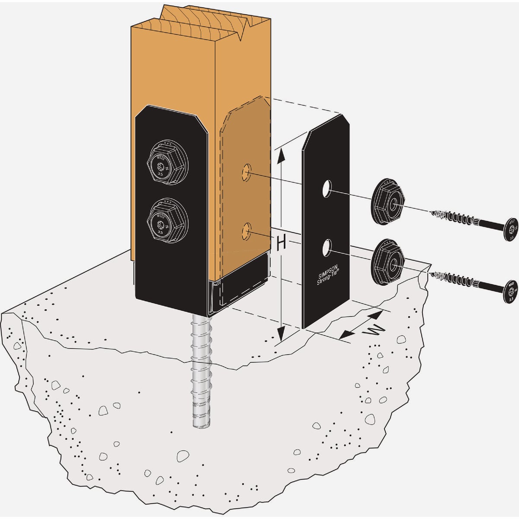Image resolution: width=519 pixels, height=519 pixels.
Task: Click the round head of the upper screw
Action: (x=510, y=228)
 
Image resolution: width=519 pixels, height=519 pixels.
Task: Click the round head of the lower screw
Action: (x=510, y=289)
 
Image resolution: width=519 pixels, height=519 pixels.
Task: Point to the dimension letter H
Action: (x=281, y=243)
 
